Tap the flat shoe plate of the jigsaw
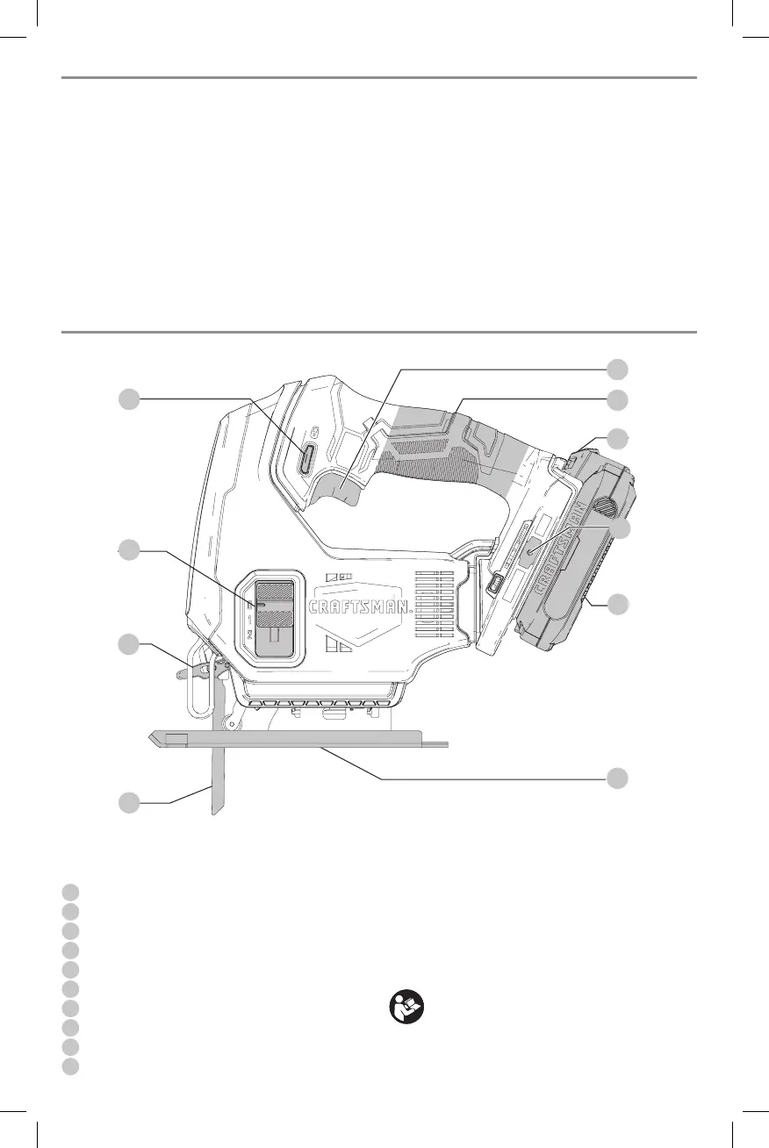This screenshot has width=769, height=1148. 298,742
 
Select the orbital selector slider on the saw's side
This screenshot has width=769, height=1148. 274,618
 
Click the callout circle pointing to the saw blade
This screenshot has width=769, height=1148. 129,802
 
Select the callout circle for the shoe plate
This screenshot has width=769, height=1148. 619,777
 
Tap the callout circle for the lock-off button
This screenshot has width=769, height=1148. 129,399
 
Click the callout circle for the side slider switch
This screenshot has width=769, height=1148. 129,550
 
